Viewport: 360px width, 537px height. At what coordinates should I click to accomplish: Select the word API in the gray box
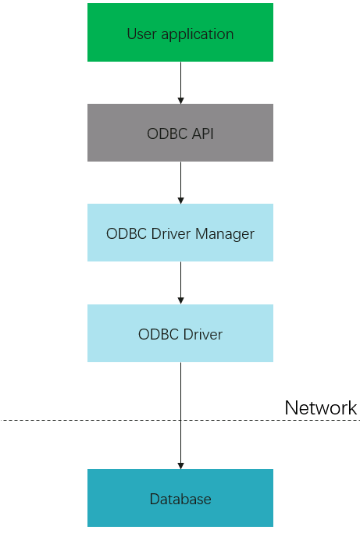(x=202, y=133)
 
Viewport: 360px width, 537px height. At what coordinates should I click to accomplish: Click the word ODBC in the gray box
(x=167, y=133)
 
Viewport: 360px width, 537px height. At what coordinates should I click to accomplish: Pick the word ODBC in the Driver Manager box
(x=126, y=233)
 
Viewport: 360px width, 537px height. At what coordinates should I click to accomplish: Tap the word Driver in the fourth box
(x=203, y=334)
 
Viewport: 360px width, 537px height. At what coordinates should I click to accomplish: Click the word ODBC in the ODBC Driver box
(x=159, y=334)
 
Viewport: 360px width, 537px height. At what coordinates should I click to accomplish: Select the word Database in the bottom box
(x=180, y=499)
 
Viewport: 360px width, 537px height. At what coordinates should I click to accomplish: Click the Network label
(x=321, y=407)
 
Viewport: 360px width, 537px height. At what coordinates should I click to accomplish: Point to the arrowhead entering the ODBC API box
(x=181, y=101)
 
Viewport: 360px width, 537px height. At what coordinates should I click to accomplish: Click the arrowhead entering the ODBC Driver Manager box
(x=181, y=201)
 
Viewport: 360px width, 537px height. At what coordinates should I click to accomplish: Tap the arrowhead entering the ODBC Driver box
(x=181, y=301)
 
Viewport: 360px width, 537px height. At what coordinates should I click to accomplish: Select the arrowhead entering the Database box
(x=181, y=466)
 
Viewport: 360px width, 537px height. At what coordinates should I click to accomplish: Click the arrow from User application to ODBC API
(x=181, y=83)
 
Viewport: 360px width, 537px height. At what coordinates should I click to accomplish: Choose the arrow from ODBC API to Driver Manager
(x=181, y=183)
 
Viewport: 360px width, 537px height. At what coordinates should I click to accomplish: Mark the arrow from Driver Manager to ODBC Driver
(x=181, y=283)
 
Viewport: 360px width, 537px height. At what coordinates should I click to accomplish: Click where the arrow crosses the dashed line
(x=181, y=420)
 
